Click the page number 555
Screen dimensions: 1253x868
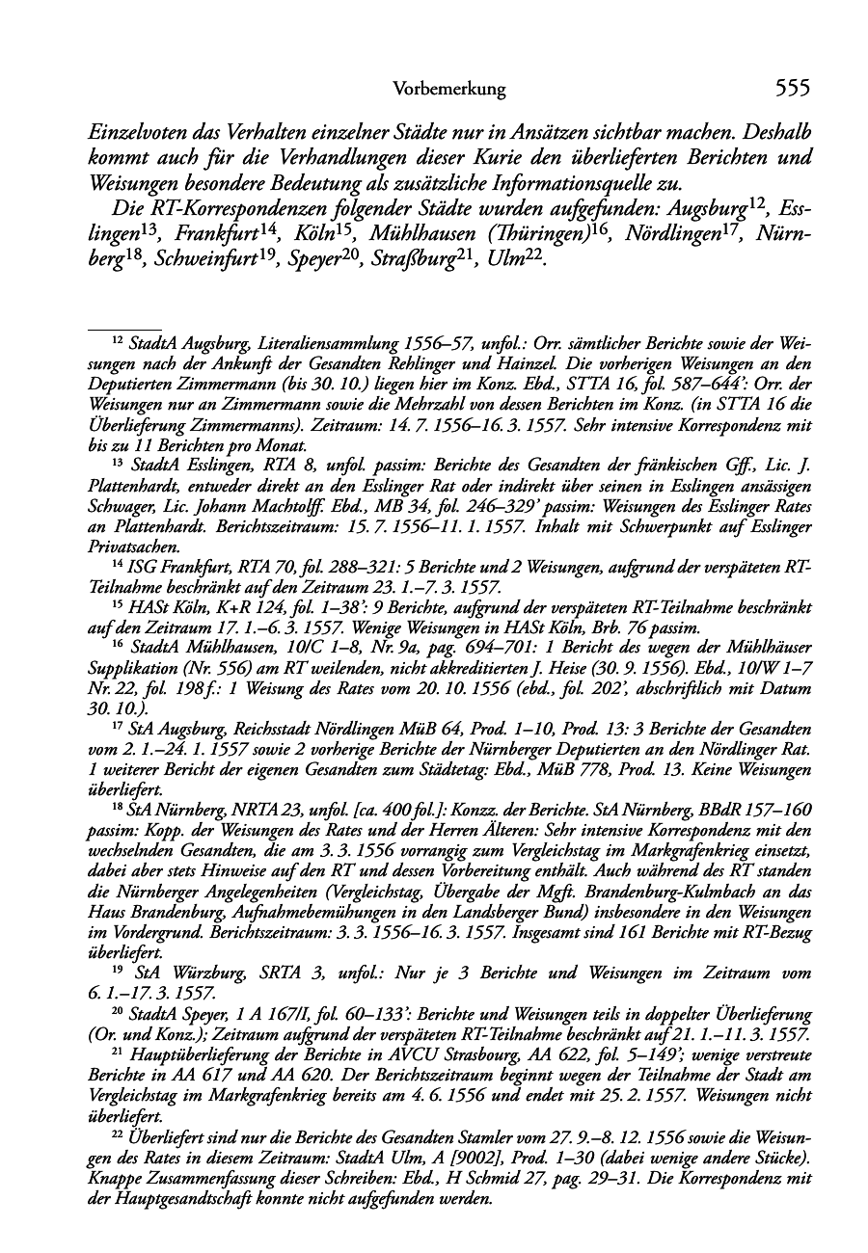[791, 89]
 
